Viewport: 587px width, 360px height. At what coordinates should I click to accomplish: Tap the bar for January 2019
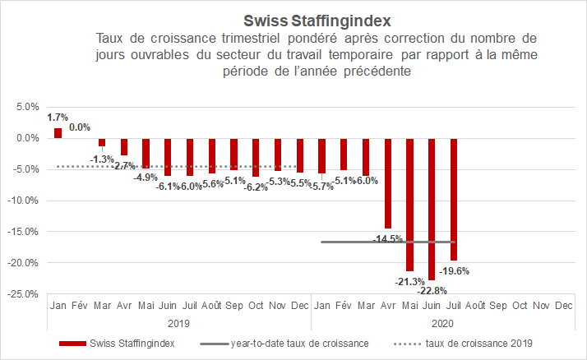pyautogui.click(x=58, y=132)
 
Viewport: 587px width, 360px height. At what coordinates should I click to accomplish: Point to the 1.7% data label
pyautogui.click(x=58, y=118)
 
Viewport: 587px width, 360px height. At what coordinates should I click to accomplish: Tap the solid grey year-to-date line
pyautogui.click(x=354, y=242)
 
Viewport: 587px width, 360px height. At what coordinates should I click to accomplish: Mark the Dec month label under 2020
pyautogui.click(x=563, y=305)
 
